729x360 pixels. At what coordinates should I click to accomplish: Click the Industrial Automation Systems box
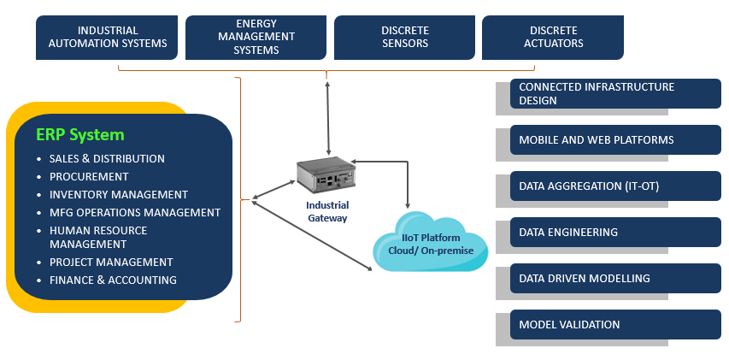[107, 37]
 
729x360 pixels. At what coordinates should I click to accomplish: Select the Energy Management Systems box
[256, 37]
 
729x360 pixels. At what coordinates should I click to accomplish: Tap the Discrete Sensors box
[404, 37]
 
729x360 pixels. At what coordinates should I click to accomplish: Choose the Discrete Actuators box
[552, 37]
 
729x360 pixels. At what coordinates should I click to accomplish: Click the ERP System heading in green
[80, 135]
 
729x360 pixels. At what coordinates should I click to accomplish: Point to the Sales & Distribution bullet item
[107, 158]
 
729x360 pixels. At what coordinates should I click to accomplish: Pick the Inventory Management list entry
[118, 194]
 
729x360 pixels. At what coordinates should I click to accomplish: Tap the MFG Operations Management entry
[134, 212]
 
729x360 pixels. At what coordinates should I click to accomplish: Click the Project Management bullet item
[111, 262]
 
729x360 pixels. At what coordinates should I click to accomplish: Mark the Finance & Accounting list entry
[113, 280]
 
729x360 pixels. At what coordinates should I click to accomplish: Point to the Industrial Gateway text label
[327, 211]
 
